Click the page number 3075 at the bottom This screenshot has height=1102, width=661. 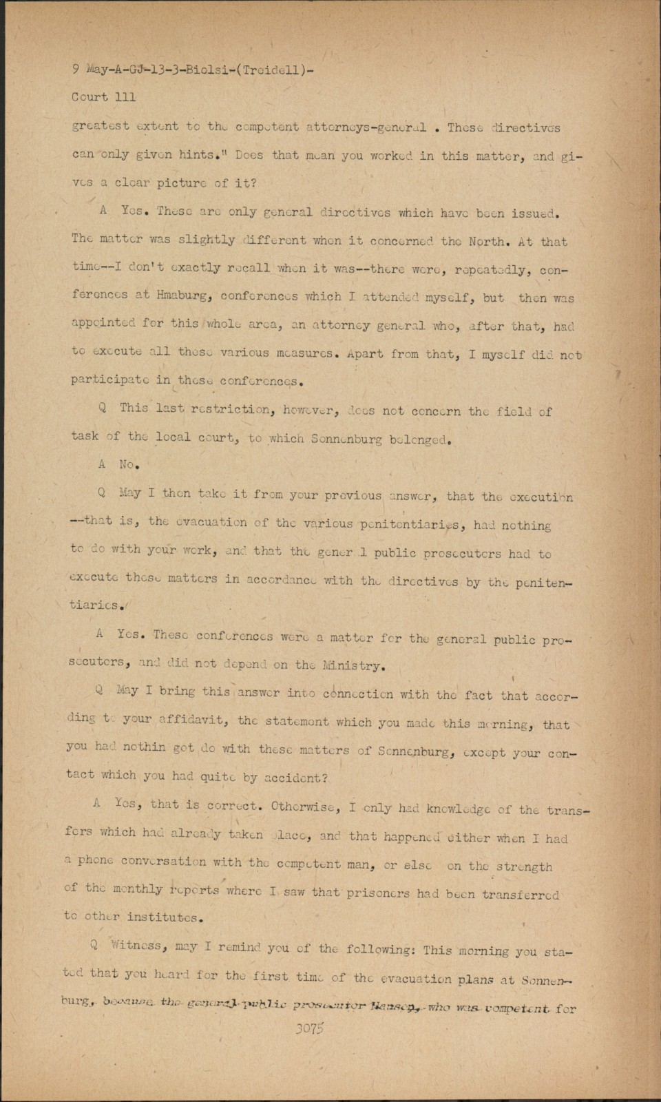(x=310, y=1029)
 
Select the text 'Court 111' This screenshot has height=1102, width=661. (x=103, y=97)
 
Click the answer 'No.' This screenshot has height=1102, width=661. (x=129, y=465)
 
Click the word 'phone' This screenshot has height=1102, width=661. (x=95, y=860)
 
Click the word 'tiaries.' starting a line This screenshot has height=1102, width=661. (x=97, y=605)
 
